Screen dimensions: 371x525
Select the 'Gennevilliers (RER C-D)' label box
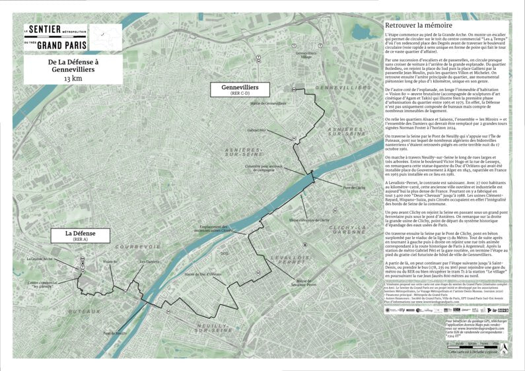[x=240, y=90]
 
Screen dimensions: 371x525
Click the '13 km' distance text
[x=73, y=79]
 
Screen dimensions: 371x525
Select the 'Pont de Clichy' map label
[x=345, y=188]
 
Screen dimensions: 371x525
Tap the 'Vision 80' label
[x=111, y=262]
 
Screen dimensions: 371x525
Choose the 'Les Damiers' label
[x=149, y=262]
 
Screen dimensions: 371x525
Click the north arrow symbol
[x=503, y=345]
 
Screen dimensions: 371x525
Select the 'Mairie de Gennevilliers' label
[x=268, y=104]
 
